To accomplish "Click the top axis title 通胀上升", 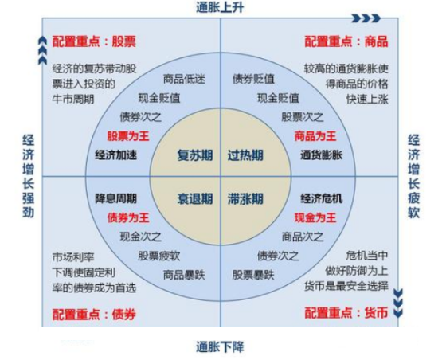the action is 220,7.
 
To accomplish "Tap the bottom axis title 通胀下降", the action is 220,347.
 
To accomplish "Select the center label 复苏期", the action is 195,155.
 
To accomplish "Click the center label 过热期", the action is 245,155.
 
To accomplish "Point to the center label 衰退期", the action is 195,199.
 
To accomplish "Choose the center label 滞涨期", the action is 245,199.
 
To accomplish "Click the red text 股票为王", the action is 128,136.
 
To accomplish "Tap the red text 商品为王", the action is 315,136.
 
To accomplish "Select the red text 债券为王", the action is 128,217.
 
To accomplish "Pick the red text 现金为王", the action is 315,217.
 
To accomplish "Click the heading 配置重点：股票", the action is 94,41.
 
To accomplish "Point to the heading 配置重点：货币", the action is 346,313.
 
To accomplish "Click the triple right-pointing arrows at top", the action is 366,18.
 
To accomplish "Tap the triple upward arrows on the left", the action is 42,50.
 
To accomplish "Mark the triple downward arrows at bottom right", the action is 398,303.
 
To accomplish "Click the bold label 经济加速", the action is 116,155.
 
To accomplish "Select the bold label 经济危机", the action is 322,199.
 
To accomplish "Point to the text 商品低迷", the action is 184,79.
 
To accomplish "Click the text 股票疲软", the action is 159,256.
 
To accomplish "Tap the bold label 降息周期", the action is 116,199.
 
